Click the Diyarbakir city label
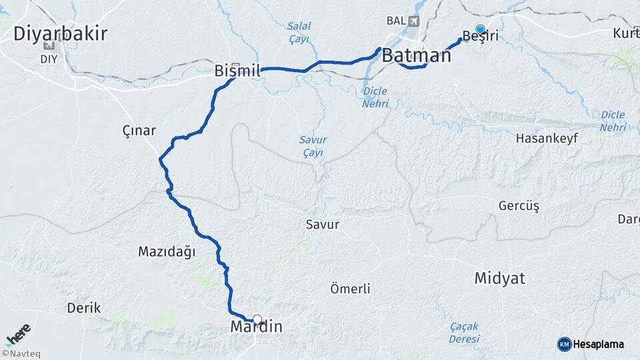pos(60,33)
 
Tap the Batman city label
pos(417,55)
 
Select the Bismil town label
pos(237,70)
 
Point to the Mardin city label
pos(256,327)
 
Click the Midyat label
pos(500,278)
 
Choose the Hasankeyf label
pos(547,139)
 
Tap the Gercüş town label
pos(519,205)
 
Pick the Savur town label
pos(323,224)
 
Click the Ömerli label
pos(350,289)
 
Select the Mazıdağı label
pos(167,251)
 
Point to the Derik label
pos(84,308)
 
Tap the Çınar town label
pos(139,131)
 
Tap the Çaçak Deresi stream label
pos(464,332)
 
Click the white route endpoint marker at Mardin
pos(257,319)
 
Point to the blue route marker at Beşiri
pos(480,29)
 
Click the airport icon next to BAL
pos(415,21)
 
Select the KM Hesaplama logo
pos(591,344)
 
